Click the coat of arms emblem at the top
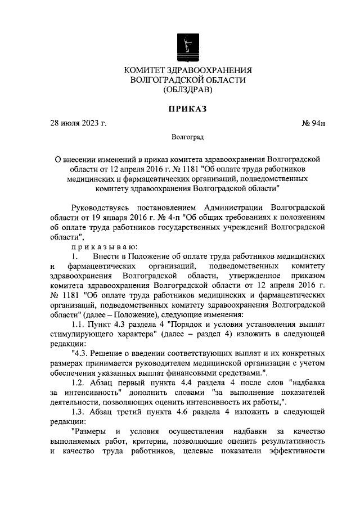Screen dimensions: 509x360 coord(187,45)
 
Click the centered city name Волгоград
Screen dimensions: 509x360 coord(187,137)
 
